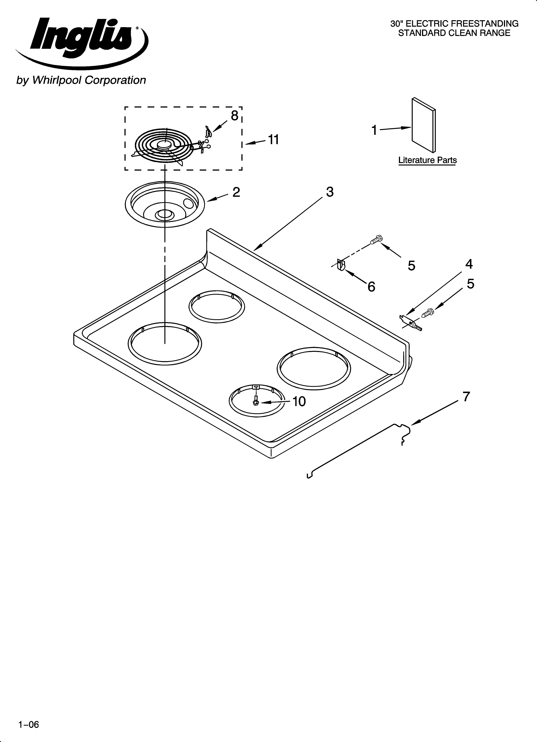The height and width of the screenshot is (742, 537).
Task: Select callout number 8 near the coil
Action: click(x=234, y=116)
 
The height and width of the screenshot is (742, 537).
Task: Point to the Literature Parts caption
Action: click(x=427, y=160)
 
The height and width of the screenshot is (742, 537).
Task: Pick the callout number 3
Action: click(x=330, y=192)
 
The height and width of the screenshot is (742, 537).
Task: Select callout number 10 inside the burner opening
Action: click(x=299, y=401)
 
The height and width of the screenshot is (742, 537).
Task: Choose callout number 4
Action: click(x=469, y=264)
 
